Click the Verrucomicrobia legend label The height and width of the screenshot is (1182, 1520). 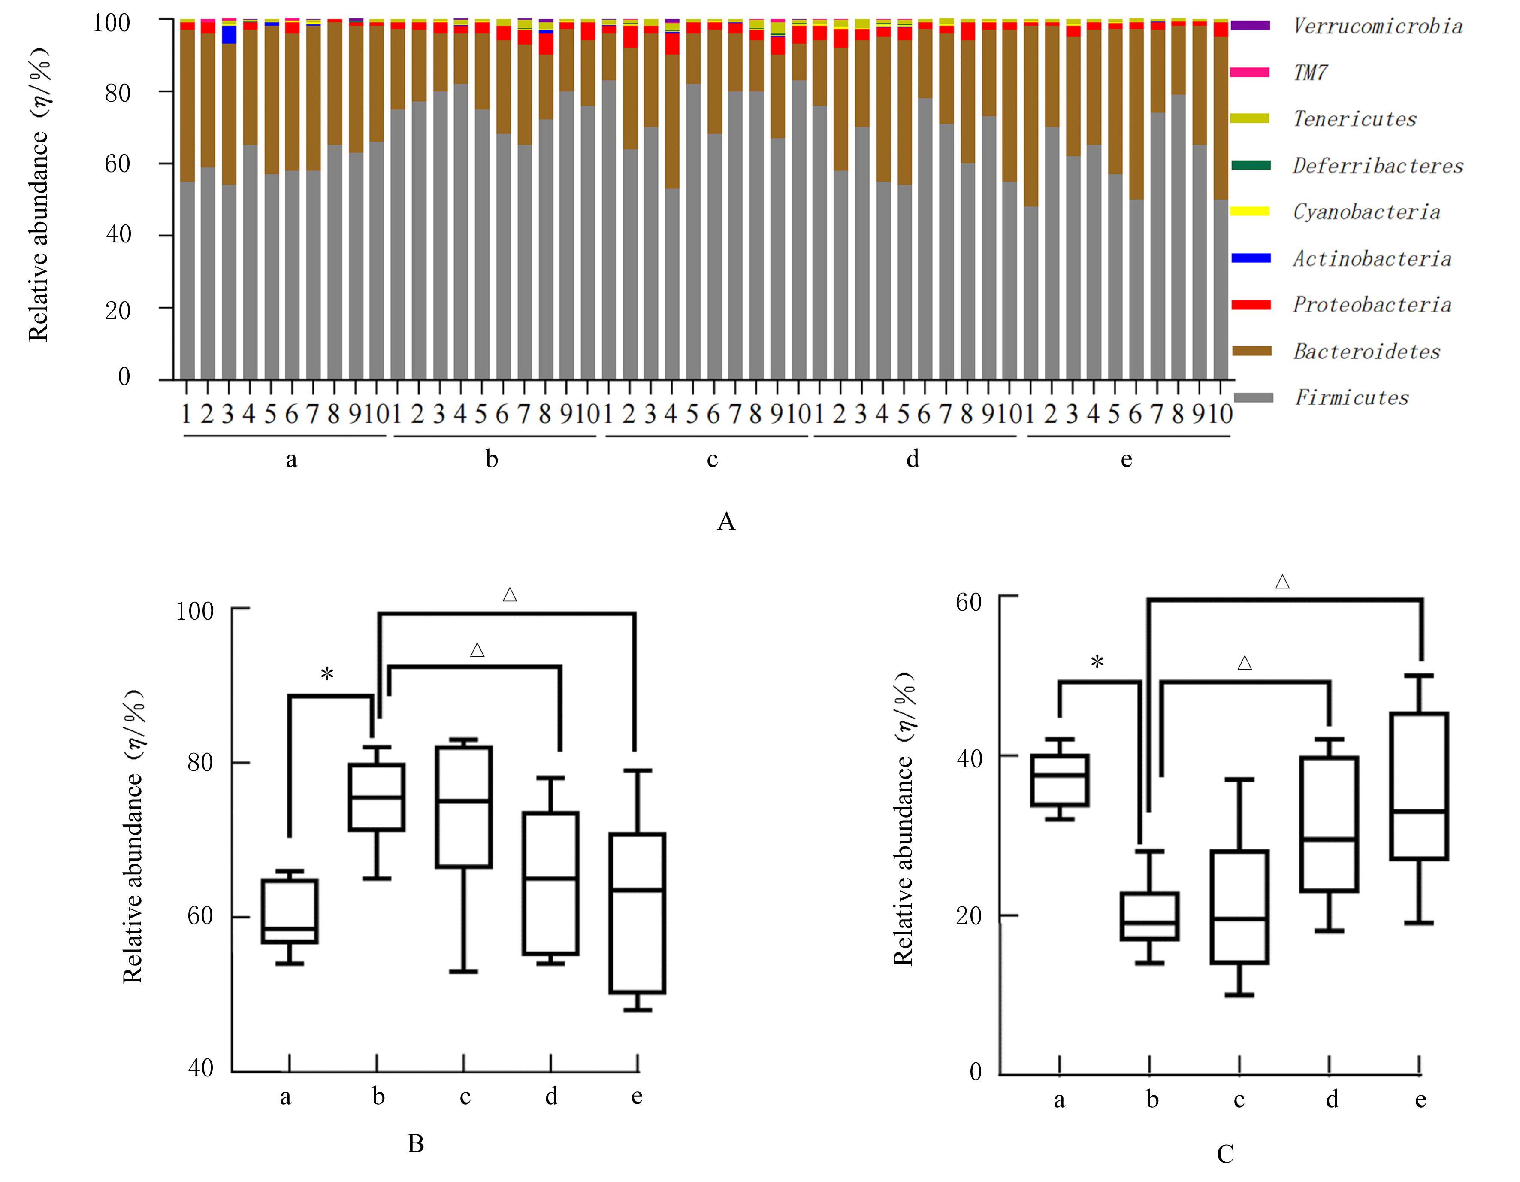pos(1377,27)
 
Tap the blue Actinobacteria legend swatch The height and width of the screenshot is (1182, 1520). pos(1251,258)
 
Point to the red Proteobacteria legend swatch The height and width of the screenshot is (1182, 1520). pos(1251,305)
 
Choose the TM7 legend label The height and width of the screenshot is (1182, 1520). pos(1310,73)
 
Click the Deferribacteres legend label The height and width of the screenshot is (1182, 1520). pos(1377,166)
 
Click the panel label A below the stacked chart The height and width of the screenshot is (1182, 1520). pos(726,521)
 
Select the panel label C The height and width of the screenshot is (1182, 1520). pos(1225,1154)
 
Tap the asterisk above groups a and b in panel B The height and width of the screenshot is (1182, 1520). pos(327,674)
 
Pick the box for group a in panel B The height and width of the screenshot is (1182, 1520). pos(290,911)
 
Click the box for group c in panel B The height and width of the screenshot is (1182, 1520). pos(463,807)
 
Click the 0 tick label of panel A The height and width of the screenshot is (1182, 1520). pos(124,376)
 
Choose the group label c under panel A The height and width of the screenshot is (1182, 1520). pos(712,459)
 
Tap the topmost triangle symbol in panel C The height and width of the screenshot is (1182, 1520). pos(1282,582)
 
